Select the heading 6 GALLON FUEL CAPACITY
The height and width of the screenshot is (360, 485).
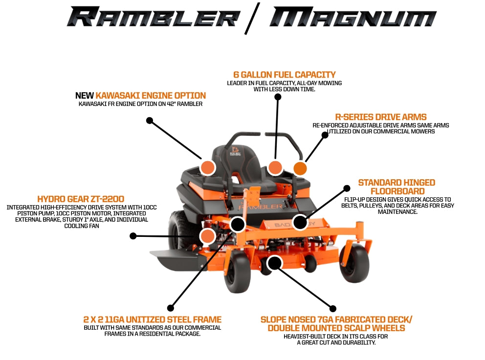click(x=284, y=75)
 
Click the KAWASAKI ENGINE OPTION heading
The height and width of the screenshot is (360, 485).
click(x=151, y=95)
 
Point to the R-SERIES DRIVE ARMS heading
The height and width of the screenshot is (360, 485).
click(x=380, y=117)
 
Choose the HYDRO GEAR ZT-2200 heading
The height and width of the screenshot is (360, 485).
click(x=81, y=199)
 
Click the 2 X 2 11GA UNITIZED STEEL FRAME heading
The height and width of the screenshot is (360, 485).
click(x=152, y=319)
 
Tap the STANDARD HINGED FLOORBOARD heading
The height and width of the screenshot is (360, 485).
click(x=397, y=187)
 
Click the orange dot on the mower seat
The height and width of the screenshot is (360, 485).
click(x=275, y=168)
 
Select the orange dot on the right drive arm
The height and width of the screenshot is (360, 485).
click(x=300, y=169)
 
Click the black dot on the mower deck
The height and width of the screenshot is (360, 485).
click(x=275, y=263)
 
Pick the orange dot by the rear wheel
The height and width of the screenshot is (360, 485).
click(x=207, y=236)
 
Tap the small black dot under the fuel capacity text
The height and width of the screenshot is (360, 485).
click(x=278, y=97)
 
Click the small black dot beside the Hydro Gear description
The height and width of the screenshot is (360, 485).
click(x=132, y=236)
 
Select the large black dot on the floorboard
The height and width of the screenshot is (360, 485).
click(x=300, y=223)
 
